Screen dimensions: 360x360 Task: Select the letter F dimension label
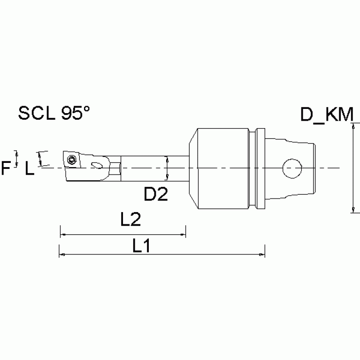tap(7, 168)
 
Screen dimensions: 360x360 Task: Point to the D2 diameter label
tap(155, 193)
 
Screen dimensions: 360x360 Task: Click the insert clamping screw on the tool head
tap(71, 160)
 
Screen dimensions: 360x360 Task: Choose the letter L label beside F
tap(29, 169)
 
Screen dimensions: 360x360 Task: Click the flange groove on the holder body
tap(256, 169)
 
